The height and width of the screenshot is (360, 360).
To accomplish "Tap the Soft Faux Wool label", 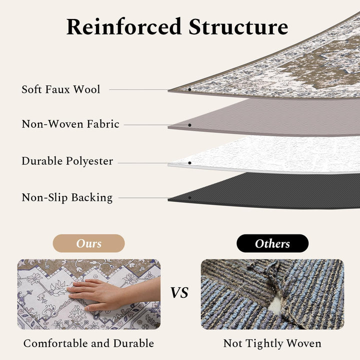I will coord(60,89).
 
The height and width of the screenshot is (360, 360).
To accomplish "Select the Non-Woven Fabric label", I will coord(70,124).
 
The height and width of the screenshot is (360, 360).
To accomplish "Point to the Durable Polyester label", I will coord(67,161).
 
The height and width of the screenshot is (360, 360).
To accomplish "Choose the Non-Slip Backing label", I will coord(67,197).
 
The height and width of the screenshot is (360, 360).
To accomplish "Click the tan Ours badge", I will coord(88,243).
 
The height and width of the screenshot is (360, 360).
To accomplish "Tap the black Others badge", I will coord(272,243).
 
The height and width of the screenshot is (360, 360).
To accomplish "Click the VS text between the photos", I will coord(179,293).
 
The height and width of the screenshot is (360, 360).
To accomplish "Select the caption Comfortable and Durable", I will coord(88,343).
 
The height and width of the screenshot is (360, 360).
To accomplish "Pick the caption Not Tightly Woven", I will coord(272,343).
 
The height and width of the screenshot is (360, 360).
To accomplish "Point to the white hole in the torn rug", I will coord(275,302).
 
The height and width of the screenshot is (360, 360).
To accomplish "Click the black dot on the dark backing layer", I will coord(189,198).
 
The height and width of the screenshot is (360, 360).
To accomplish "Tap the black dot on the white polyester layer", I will coord(189,162).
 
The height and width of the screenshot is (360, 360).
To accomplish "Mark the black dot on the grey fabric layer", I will coord(189,125).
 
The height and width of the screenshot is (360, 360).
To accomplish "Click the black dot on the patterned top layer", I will coord(189,89).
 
